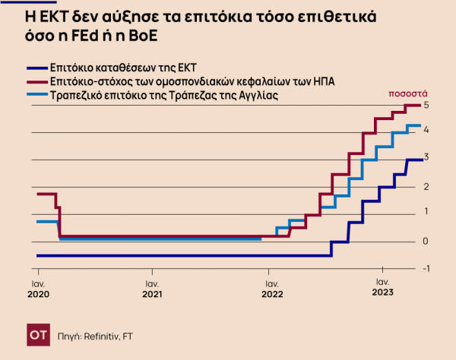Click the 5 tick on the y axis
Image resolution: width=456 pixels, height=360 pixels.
pyautogui.click(x=427, y=105)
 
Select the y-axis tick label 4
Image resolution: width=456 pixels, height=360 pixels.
pyautogui.click(x=427, y=130)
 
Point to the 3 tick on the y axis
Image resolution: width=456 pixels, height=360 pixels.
pyautogui.click(x=427, y=157)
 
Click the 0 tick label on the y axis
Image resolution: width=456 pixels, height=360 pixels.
pyautogui.click(x=427, y=242)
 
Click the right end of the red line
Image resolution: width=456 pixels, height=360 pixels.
pyautogui.click(x=420, y=105)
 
